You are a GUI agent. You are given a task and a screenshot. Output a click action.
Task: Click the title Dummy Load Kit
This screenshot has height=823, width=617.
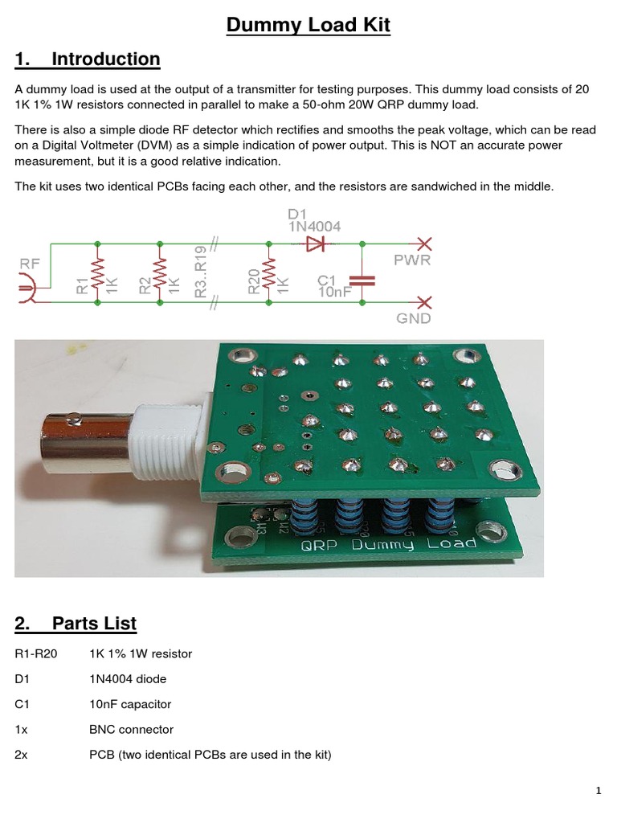click(x=308, y=25)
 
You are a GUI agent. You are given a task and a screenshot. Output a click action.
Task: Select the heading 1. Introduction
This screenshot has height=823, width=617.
click(x=88, y=59)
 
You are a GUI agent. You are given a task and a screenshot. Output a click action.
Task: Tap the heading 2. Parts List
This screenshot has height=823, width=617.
click(x=76, y=623)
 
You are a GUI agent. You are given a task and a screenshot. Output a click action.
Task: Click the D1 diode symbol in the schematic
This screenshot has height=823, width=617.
click(x=314, y=243)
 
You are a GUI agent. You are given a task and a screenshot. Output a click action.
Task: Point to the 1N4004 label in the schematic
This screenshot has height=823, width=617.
click(x=314, y=227)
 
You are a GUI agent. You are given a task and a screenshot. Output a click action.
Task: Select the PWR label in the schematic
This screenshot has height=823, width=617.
click(x=411, y=260)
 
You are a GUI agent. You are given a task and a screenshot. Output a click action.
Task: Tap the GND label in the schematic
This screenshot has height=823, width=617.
click(x=413, y=318)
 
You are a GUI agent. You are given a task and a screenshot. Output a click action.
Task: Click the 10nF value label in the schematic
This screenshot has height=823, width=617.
click(x=335, y=293)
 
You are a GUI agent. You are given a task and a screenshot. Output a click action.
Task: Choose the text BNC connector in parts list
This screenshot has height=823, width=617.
click(x=131, y=730)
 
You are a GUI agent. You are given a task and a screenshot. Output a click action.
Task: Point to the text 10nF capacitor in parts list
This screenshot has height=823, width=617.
click(x=130, y=704)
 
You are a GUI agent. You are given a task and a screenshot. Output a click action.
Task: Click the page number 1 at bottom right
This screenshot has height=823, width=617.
click(x=599, y=792)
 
